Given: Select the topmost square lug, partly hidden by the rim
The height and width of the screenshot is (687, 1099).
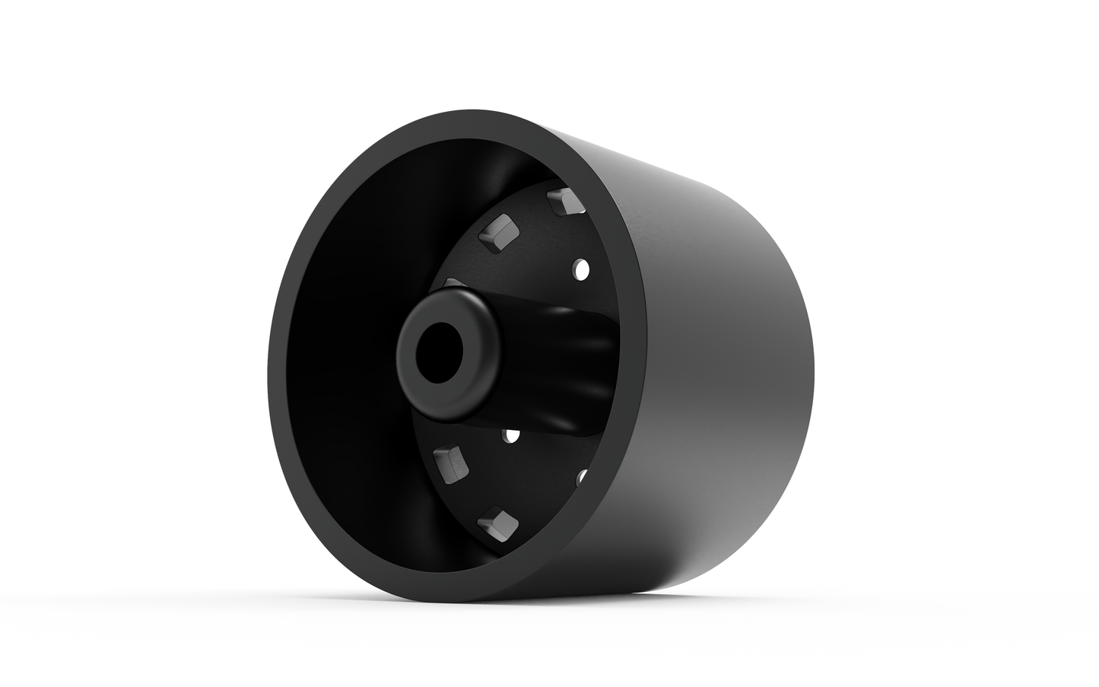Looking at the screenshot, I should [564, 200].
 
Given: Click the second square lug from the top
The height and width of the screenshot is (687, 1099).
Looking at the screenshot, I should [498, 231].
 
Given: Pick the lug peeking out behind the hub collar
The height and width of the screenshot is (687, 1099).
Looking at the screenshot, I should [454, 283].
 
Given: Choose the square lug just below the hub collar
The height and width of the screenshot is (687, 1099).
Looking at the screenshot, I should [449, 464].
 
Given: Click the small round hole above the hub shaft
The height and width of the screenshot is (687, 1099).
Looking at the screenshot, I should [582, 269].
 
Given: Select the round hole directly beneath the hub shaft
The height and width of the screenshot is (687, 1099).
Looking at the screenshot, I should [511, 435].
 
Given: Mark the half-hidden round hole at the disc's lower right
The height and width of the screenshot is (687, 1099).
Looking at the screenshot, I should [582, 477].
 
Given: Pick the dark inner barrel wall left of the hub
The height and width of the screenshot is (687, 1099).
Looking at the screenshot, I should [350, 342].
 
